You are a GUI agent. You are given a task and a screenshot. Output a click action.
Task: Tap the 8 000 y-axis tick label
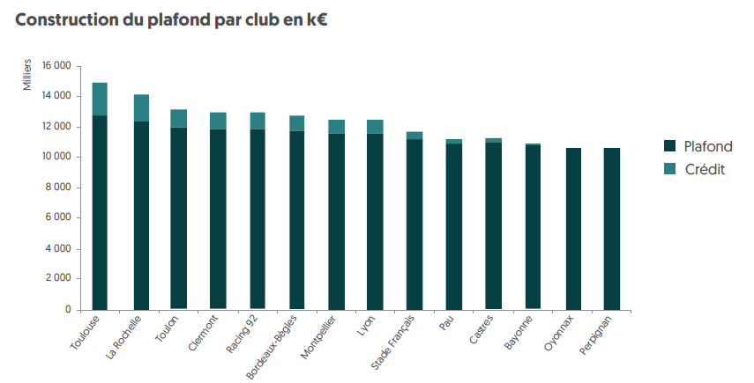59,188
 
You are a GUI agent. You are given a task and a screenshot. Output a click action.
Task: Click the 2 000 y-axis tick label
59,279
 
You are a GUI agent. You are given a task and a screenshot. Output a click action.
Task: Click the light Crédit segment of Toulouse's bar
100,99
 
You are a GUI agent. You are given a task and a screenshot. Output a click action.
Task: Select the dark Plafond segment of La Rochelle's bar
141,216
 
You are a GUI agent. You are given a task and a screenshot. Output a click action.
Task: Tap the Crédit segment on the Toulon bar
179,119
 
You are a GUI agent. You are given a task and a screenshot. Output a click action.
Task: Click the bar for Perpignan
612,229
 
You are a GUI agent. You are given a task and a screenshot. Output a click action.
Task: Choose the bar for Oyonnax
573,229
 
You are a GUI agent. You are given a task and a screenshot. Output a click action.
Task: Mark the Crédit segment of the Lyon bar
376,127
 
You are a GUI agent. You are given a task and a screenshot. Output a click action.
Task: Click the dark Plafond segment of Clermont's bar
218,220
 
